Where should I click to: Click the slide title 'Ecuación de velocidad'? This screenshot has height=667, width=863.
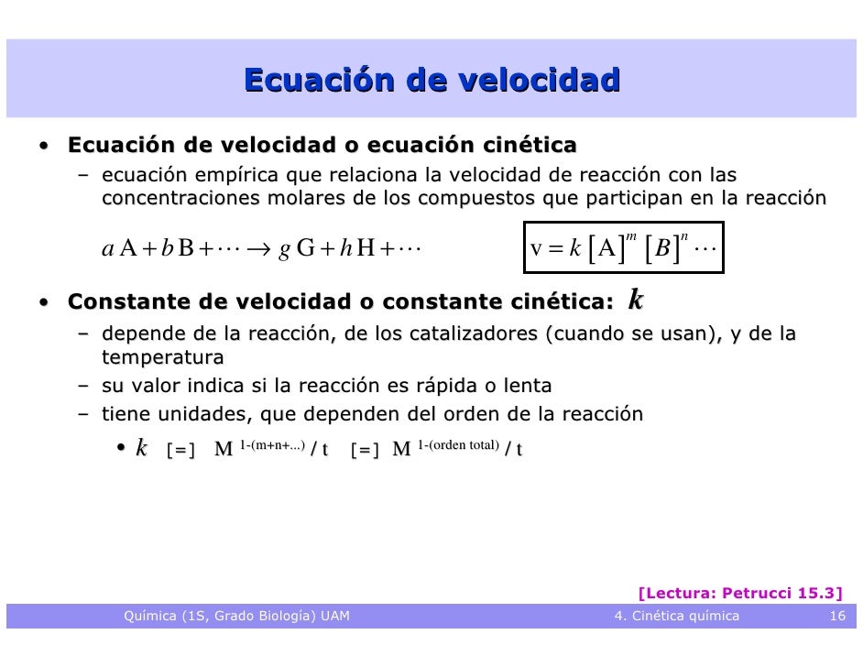pos(431,81)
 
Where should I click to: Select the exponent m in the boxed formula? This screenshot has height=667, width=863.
pos(630,236)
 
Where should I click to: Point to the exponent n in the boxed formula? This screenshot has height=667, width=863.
pos(684,236)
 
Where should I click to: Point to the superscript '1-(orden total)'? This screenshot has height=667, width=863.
pos(458,445)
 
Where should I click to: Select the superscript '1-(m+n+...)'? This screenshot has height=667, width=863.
pos(272,445)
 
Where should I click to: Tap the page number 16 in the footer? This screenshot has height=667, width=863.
pos(836,616)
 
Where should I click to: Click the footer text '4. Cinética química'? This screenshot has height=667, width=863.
pos(676,616)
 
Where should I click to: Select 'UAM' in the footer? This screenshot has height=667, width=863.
pos(335,616)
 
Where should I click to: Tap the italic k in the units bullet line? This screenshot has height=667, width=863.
pos(141,448)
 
